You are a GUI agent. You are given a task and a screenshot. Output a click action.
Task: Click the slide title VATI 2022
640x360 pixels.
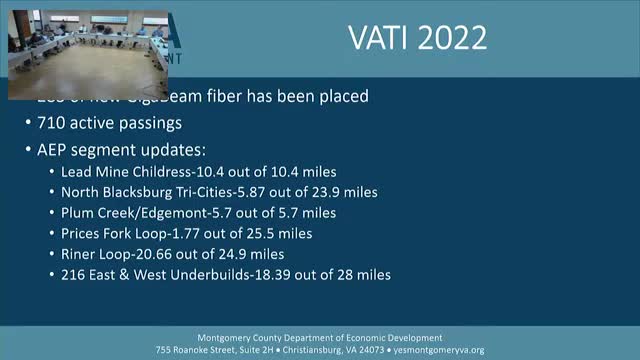coord(417,38)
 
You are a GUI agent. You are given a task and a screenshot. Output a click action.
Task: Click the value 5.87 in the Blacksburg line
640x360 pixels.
coord(256,193)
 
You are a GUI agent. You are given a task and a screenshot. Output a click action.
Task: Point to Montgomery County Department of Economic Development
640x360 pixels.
coord(320,337)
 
